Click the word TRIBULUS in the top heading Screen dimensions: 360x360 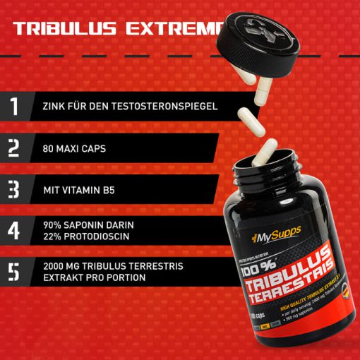66,29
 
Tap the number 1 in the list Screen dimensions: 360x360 15,107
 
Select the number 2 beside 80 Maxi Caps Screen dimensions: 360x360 15,148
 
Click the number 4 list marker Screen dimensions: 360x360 15,230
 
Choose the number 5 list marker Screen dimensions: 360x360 15,271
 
